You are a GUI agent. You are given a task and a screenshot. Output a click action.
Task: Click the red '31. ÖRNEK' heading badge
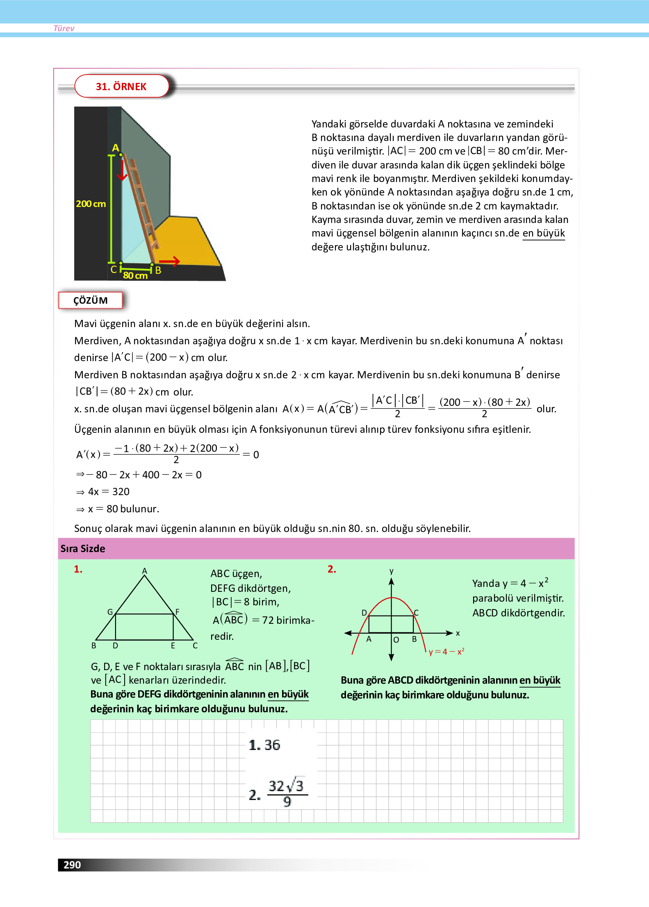pos(121,86)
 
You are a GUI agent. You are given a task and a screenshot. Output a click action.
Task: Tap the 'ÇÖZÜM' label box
pos(90,300)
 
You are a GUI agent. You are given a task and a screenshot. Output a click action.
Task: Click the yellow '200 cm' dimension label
pos(91,204)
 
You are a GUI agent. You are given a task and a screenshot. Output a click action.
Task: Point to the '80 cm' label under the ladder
pos(135,276)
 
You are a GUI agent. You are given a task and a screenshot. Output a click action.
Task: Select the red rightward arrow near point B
pos(169,261)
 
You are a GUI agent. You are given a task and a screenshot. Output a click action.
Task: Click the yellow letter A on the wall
pos(116,148)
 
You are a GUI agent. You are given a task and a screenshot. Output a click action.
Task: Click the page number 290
pos(72,865)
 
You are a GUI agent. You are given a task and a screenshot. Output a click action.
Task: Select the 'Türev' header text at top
pos(64,28)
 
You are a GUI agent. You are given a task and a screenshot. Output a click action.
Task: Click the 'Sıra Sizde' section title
pos(83,549)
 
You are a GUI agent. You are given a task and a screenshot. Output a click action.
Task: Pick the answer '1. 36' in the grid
pos(264,745)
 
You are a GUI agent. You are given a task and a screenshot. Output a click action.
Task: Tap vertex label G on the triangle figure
pos(110,612)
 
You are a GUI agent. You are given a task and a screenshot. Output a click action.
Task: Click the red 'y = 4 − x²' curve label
pos(446,652)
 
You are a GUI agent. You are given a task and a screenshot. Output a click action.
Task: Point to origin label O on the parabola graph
pos(396,640)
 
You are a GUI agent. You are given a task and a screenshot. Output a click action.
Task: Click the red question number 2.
pos(332,569)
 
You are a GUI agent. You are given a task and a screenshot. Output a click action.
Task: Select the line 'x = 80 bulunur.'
pos(123,509)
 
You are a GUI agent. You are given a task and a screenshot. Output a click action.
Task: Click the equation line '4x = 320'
pos(108,492)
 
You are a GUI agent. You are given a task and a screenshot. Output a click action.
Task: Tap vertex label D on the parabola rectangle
pos(364,613)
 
